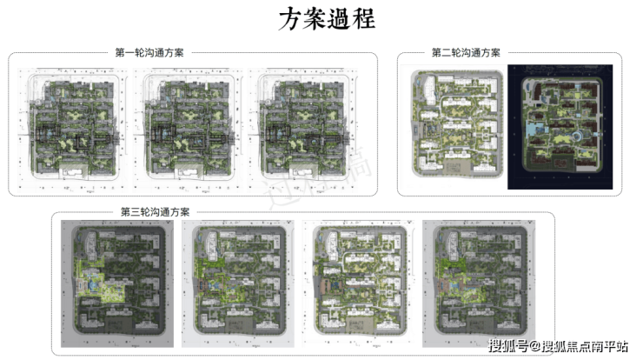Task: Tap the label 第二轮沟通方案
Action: [x=466, y=53]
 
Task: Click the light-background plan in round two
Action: [x=457, y=127]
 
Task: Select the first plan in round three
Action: [x=115, y=278]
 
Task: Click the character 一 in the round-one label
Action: [x=131, y=53]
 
